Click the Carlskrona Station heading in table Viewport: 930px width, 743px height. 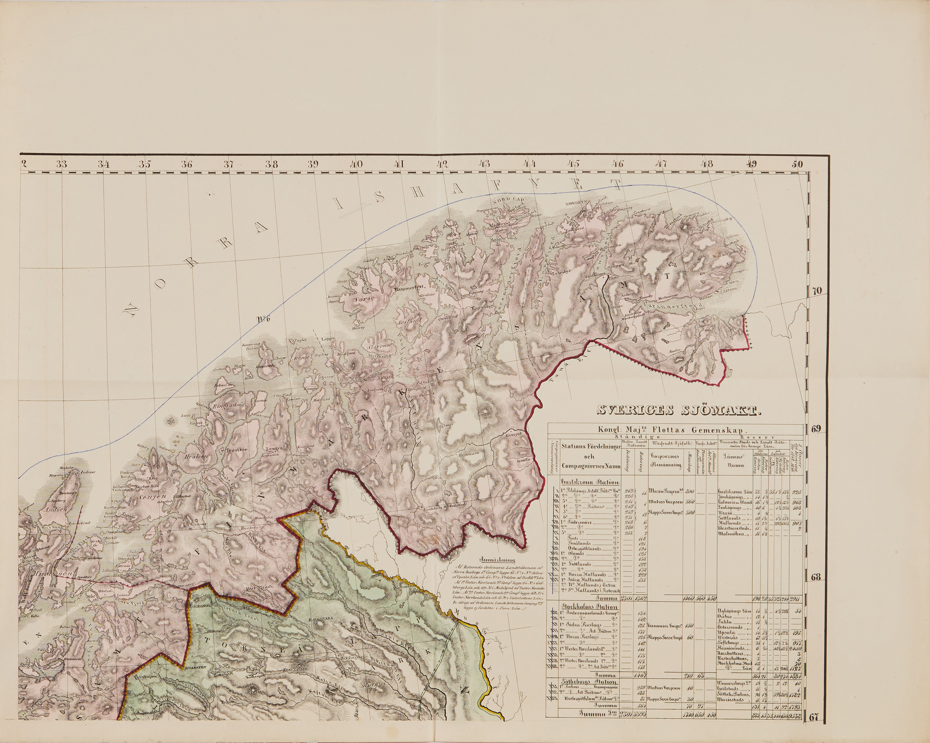tap(590, 482)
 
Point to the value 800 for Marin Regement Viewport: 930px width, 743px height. tap(690, 491)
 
